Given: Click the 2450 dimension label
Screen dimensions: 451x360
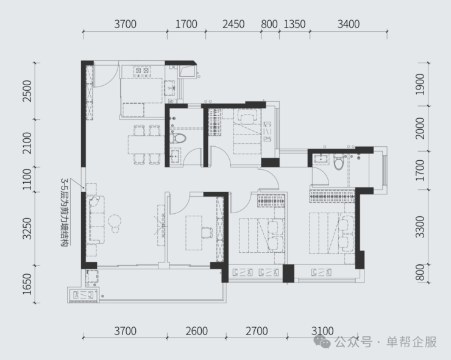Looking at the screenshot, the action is coord(233,24).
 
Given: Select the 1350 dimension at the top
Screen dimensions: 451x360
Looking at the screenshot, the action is coord(294,24).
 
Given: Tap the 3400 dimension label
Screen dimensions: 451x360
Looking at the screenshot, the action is coord(349,24).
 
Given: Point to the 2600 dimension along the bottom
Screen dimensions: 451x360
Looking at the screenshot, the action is coord(196,331).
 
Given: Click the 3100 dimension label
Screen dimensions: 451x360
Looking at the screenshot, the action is coord(322,331).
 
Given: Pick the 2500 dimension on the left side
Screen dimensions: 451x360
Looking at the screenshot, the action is coord(27,91).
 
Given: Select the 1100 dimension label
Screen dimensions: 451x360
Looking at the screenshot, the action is coord(27,179).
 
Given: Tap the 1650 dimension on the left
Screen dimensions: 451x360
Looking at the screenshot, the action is coord(27,284).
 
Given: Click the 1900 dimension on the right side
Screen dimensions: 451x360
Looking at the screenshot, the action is coord(420,84).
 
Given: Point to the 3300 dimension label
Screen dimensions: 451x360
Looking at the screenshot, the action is coord(420,227).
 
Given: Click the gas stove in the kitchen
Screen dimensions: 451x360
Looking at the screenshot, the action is coord(143,72).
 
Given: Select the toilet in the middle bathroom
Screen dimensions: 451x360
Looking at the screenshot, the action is coord(177,138).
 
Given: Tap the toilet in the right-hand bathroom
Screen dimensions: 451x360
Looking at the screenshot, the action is coord(338,161).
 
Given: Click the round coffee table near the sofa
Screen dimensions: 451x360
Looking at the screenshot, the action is coord(115,222).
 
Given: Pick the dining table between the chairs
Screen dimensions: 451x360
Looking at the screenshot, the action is coord(146,145).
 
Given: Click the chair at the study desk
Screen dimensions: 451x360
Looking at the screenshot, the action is coord(207,233).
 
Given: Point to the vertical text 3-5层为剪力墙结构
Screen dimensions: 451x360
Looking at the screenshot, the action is coord(65,212).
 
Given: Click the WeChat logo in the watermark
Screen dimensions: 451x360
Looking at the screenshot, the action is coord(322,341).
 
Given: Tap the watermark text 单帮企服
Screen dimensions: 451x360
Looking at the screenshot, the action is coord(411,342).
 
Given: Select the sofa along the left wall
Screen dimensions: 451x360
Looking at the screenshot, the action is coord(96,220).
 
